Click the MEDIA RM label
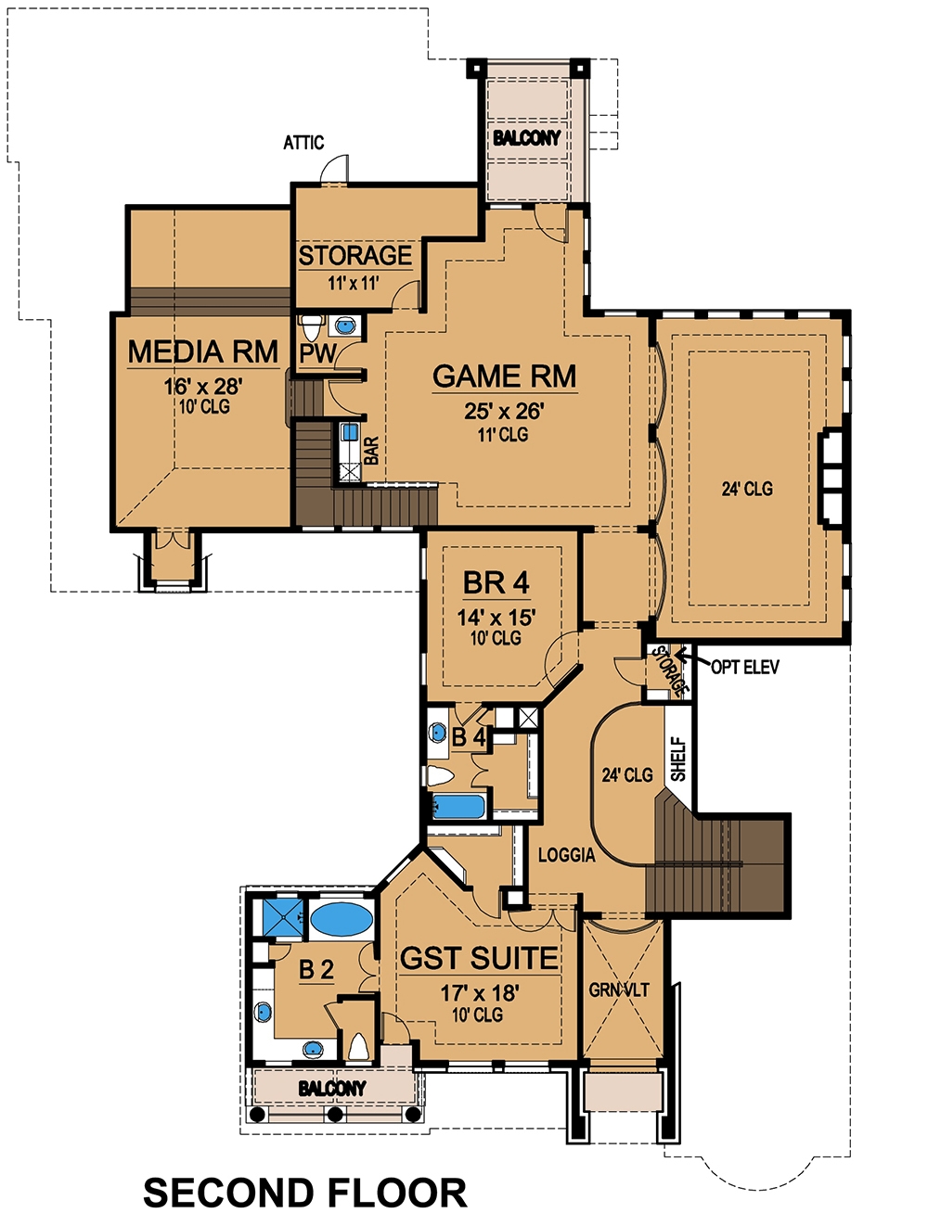click(202, 352)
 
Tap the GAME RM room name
click(504, 377)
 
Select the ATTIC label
click(303, 143)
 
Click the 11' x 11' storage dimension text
click(353, 283)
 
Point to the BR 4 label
click(496, 583)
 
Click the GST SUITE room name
click(479, 959)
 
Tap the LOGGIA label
click(566, 855)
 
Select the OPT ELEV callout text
click(745, 667)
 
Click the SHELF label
click(678, 759)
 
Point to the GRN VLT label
click(619, 990)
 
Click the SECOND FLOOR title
click(304, 1193)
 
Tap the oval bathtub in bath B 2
click(341, 920)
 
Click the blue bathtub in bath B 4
click(458, 806)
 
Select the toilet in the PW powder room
click(311, 326)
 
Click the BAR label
click(371, 451)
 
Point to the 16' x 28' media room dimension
click(203, 387)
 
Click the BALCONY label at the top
click(526, 138)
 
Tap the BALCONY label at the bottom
click(331, 1088)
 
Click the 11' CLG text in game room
click(503, 434)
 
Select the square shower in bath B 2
click(278, 918)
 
